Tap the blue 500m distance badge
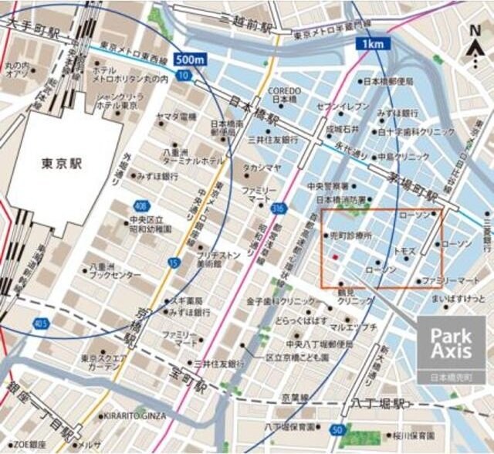pos(191,59)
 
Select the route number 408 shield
pos(140,206)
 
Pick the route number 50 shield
pos(337,429)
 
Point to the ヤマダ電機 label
pos(176,116)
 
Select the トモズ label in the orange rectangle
pos(404,252)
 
